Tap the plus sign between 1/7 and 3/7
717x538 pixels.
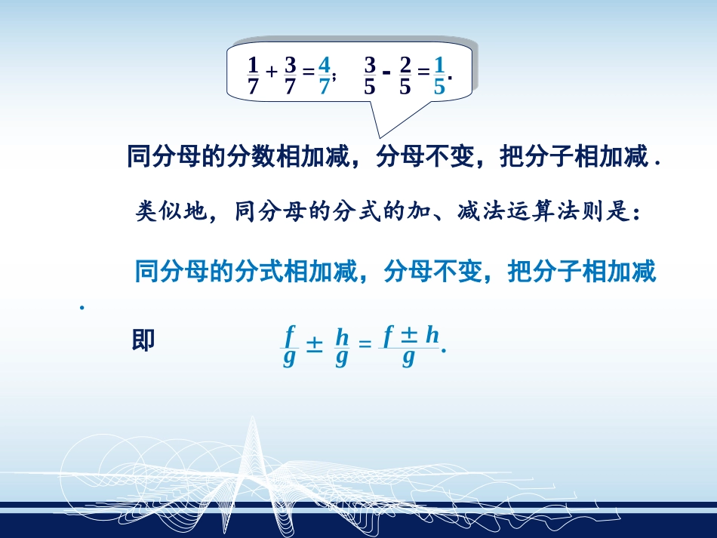[x=272, y=73]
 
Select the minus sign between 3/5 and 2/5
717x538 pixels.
[x=387, y=73]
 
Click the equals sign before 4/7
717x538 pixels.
[x=308, y=73]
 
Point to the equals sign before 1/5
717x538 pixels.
[x=423, y=73]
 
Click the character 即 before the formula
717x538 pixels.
[x=143, y=341]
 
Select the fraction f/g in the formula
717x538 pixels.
[x=289, y=346]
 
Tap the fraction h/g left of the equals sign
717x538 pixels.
[x=342, y=346]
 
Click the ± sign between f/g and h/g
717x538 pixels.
[x=315, y=343]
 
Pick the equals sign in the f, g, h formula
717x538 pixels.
[x=365, y=345]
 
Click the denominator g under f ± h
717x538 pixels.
[x=408, y=358]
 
